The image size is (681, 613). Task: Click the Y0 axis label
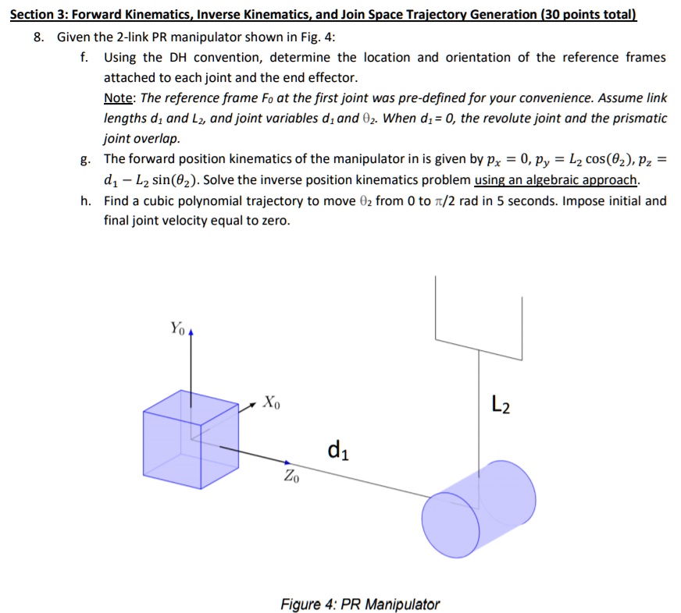[x=177, y=328]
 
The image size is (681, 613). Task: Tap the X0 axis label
[x=272, y=402]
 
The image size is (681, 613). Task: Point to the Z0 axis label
[x=291, y=476]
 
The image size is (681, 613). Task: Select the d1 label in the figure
[x=338, y=450]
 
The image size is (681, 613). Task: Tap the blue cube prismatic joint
[x=191, y=439]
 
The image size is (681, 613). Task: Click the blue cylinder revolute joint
[x=479, y=508]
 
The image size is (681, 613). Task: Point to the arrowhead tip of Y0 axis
[x=191, y=330]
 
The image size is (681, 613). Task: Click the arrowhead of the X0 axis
[x=254, y=404]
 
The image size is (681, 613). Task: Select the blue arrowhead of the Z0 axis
[x=287, y=463]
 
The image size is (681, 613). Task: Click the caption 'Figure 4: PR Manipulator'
[x=360, y=604]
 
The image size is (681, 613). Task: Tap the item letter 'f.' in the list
[x=84, y=57]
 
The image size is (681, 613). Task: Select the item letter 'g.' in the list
[x=86, y=160]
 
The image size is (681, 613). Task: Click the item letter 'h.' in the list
[x=86, y=200]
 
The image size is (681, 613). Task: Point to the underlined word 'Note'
[x=118, y=98]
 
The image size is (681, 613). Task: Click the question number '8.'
[x=39, y=37]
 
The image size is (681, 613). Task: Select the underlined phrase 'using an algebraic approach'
[x=555, y=179]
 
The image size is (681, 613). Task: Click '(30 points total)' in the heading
[x=589, y=14]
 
